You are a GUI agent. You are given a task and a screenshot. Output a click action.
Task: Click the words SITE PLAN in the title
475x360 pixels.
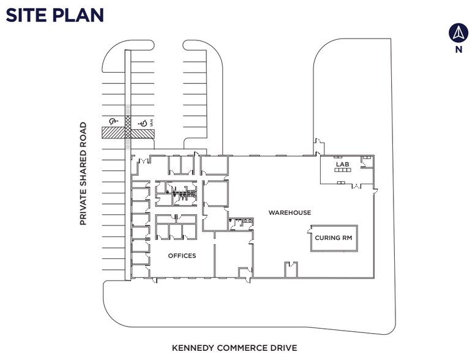[x=54, y=15]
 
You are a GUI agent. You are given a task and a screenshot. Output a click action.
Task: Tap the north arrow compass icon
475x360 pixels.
[x=458, y=32]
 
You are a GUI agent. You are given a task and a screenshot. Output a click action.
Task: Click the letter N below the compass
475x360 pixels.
[x=458, y=50]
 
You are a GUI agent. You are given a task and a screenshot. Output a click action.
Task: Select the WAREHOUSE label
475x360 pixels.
[x=290, y=213]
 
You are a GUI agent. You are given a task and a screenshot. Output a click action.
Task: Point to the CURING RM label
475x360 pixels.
[x=334, y=237]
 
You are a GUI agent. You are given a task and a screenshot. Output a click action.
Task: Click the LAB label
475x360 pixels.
[x=341, y=165]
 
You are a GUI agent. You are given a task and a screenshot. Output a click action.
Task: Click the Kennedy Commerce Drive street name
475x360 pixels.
[x=234, y=348]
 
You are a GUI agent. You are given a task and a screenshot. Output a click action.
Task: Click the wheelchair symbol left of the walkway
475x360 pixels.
[x=113, y=122]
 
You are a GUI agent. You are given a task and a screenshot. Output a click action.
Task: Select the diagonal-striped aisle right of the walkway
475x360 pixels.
[x=142, y=133]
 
